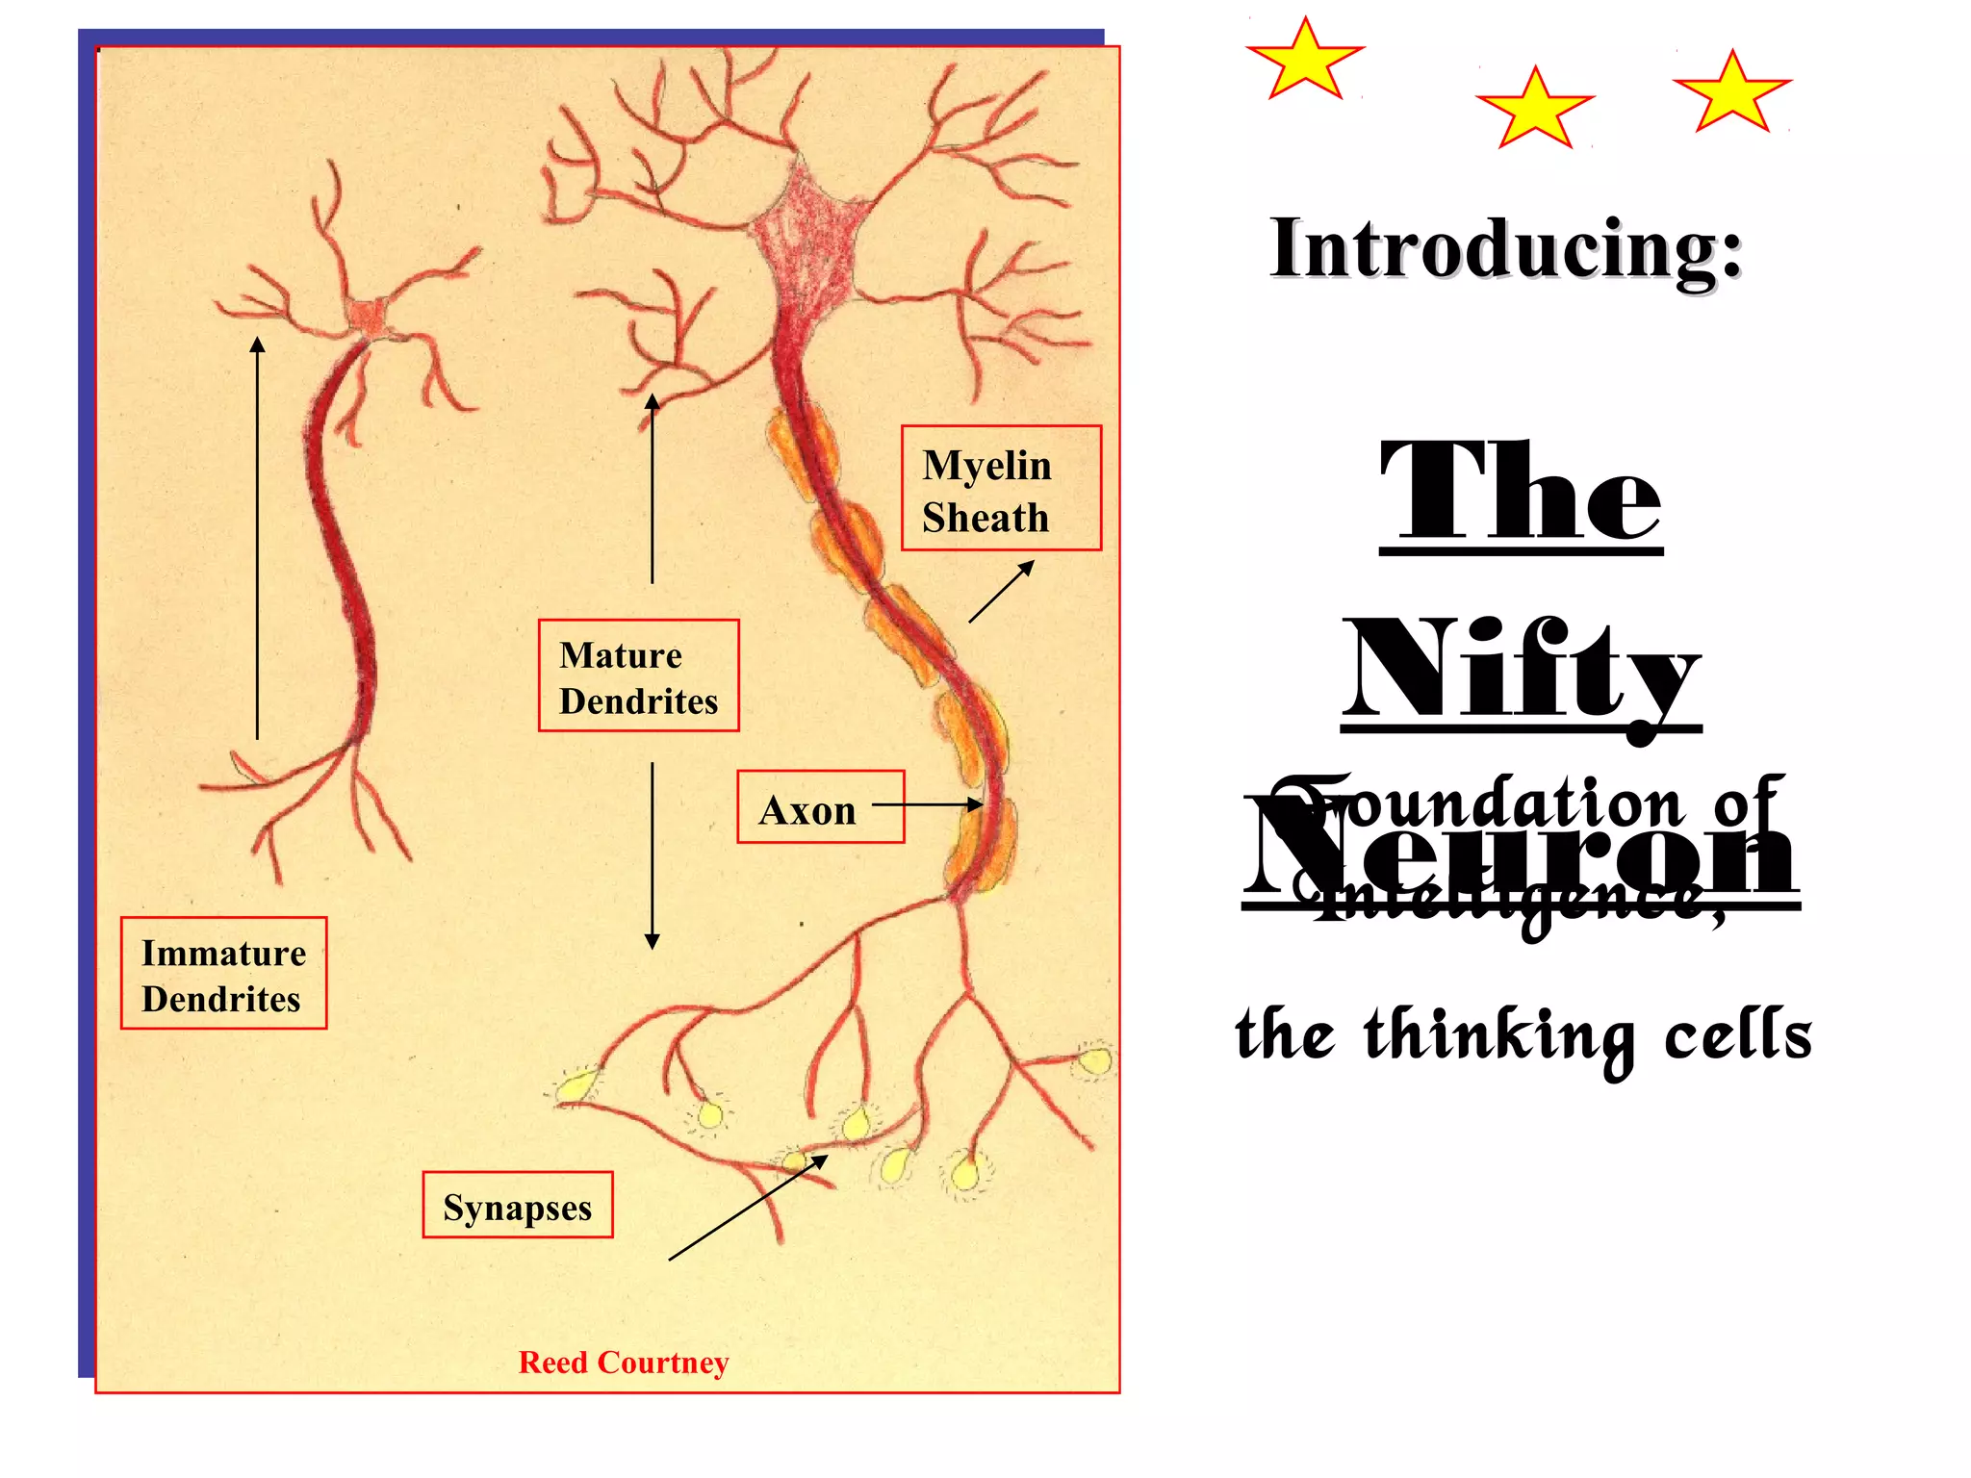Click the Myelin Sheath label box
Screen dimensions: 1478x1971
(1001, 488)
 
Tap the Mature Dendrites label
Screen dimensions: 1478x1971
(638, 676)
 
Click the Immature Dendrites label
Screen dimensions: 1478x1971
(223, 974)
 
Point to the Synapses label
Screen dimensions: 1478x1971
(518, 1206)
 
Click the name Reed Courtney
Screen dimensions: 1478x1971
(624, 1363)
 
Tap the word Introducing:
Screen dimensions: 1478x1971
(1506, 248)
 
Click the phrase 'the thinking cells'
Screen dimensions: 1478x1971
(1523, 1034)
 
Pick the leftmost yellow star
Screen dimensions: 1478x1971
(1305, 61)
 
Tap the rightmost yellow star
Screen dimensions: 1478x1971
(1732, 93)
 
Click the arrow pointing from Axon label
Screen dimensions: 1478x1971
(929, 804)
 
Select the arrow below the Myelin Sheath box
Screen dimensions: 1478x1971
(1001, 592)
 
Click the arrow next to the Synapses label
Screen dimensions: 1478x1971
(747, 1209)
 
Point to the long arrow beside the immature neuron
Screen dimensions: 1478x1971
(257, 539)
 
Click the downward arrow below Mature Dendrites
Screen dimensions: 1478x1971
(653, 856)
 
